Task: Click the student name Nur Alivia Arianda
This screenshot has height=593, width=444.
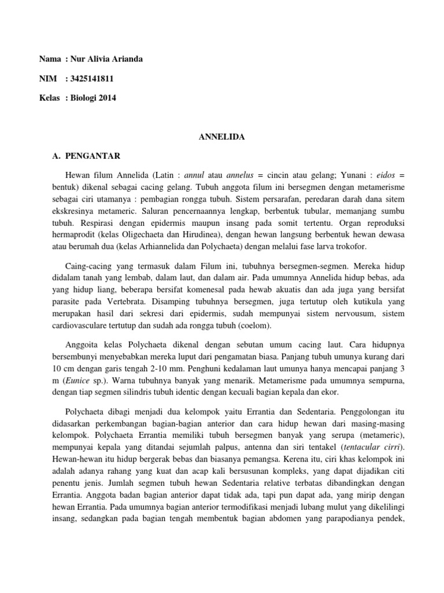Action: (106, 58)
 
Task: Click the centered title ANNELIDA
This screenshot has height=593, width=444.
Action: (221, 137)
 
